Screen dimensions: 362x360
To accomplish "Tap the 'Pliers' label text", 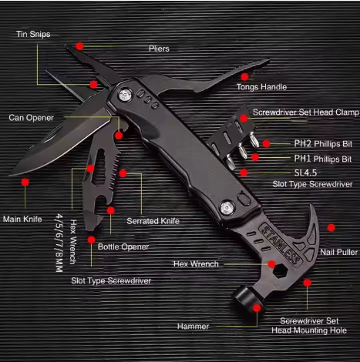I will pyautogui.click(x=159, y=49).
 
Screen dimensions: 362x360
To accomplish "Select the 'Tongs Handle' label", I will pyautogui.click(x=262, y=87).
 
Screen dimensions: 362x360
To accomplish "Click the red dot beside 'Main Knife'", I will pyautogui.click(x=25, y=183).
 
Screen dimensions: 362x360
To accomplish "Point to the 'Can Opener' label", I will pyautogui.click(x=32, y=118).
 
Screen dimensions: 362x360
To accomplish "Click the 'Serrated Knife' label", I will pyautogui.click(x=153, y=221).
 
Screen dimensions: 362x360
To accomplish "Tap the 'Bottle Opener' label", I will pyautogui.click(x=123, y=246).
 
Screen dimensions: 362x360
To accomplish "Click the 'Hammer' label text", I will pyautogui.click(x=193, y=326).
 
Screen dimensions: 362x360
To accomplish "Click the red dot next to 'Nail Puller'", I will pyautogui.click(x=331, y=227).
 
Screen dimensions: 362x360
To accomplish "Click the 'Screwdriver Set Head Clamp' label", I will pyautogui.click(x=305, y=112).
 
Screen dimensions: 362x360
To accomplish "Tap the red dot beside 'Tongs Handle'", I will pyautogui.click(x=244, y=76).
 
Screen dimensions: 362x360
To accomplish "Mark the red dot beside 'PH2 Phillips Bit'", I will pyautogui.click(x=266, y=143).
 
